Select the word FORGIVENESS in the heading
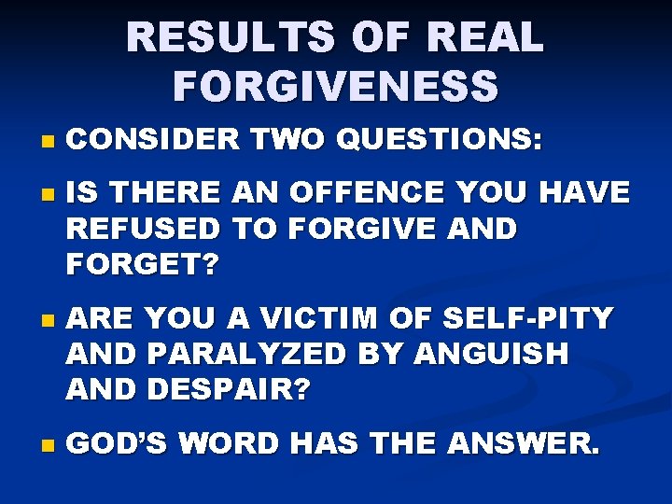[336, 87]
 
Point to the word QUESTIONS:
[438, 140]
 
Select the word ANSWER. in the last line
[519, 444]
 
